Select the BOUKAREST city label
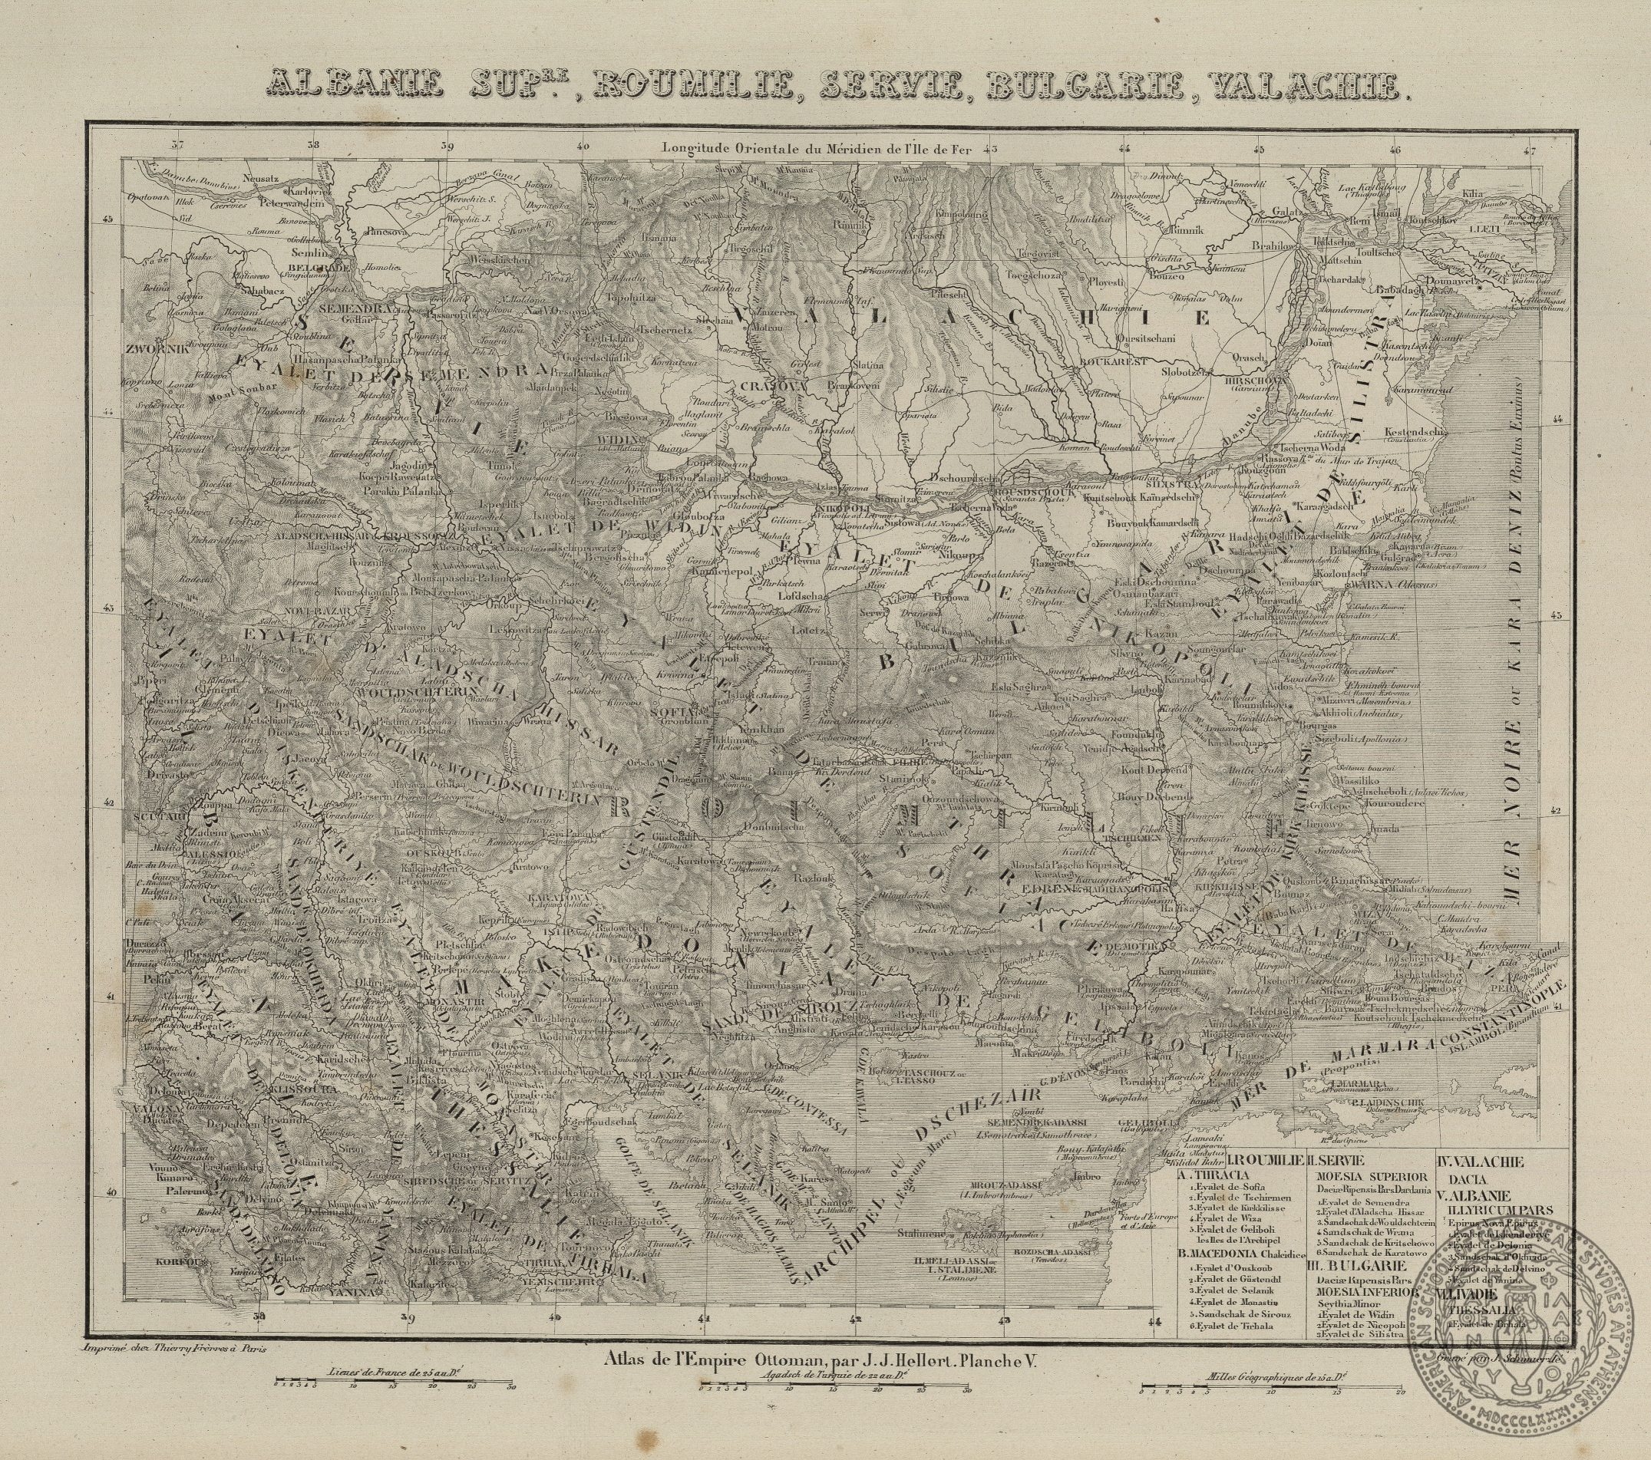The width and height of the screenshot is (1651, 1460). pos(1114,363)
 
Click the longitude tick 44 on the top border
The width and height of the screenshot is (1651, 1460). pos(1125,148)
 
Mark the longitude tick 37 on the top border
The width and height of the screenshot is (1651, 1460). pos(178,147)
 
